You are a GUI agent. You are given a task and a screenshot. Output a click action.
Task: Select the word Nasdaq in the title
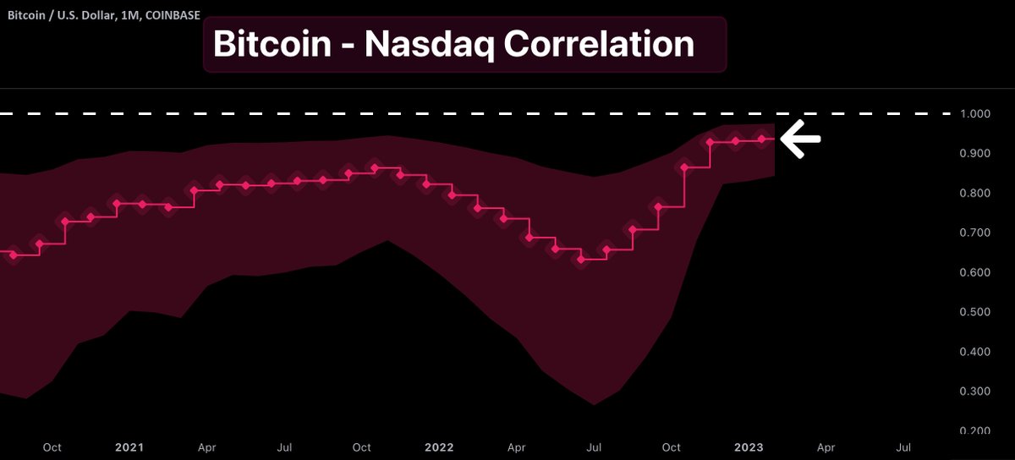pyautogui.click(x=430, y=44)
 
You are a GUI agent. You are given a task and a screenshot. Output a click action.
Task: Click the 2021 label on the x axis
pyautogui.click(x=129, y=446)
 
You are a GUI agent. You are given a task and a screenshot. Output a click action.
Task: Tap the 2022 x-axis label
pyautogui.click(x=440, y=446)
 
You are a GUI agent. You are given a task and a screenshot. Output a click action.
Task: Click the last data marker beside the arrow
pyautogui.click(x=762, y=140)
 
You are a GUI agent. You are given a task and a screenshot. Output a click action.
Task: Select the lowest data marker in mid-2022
pyautogui.click(x=581, y=259)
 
